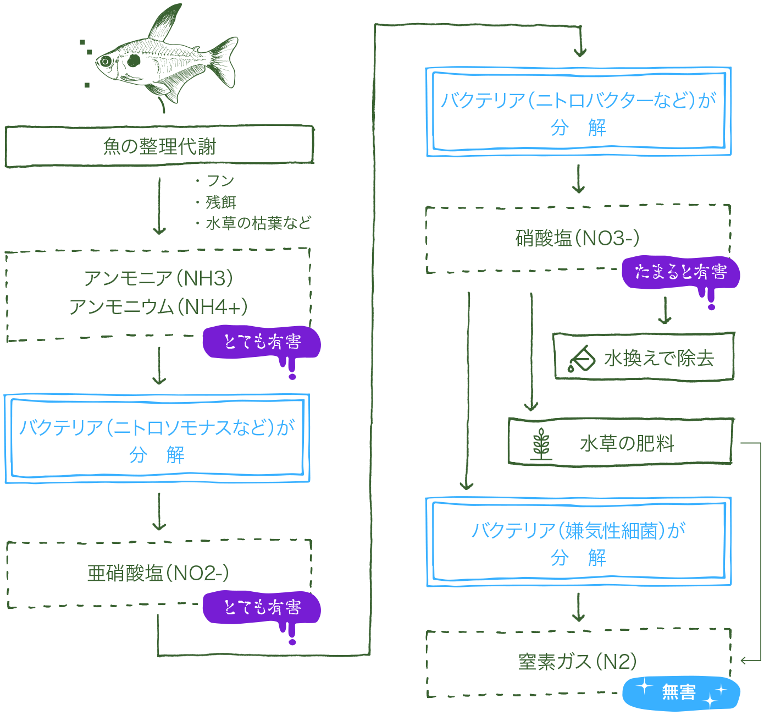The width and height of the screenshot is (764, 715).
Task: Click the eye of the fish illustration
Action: pos(104,61)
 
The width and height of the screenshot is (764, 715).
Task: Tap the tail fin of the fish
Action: pos(224,61)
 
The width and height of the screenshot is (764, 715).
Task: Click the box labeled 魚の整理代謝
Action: pos(159,146)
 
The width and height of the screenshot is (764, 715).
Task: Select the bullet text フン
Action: pos(220,181)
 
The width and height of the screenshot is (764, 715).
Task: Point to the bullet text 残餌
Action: pos(221,202)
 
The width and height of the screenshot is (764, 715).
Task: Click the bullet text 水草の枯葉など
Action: pos(258,223)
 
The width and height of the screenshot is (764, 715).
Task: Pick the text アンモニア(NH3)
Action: pos(159,278)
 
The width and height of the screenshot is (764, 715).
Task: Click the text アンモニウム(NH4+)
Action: pos(159,307)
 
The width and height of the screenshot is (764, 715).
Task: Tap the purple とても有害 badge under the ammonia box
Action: pos(262,342)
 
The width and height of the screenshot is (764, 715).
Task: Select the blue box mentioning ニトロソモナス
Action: pos(157,438)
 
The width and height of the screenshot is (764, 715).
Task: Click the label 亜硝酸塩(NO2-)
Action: pos(158,574)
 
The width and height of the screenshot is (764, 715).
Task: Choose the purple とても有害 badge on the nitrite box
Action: pos(262,607)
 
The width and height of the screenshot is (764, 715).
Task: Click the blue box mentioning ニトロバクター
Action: pos(579,112)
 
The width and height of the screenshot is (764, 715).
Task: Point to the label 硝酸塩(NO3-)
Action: pos(578,238)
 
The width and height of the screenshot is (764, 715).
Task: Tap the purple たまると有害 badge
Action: pos(680,272)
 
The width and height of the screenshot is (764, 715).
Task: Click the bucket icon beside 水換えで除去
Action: pos(582,359)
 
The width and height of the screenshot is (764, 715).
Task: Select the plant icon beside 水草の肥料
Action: pos(541,443)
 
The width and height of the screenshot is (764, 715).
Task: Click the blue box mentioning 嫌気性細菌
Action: pos(579,542)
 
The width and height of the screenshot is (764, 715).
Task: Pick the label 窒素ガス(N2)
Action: pos(578,661)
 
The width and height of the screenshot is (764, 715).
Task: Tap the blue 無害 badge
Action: pos(680,692)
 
